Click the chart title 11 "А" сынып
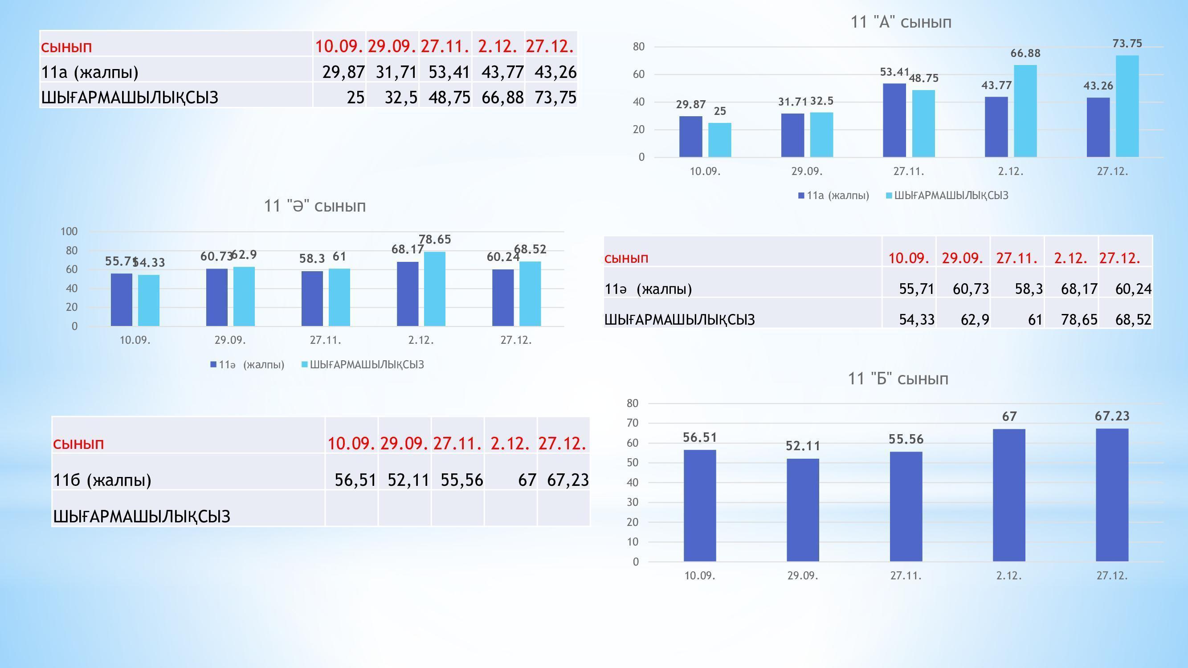pyautogui.click(x=901, y=22)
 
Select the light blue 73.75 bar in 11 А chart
pyautogui.click(x=1127, y=106)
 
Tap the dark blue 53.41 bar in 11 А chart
pyautogui.click(x=894, y=120)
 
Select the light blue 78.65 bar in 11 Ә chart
pyautogui.click(x=434, y=289)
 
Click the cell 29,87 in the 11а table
pyautogui.click(x=343, y=72)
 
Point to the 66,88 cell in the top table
pyautogui.click(x=502, y=97)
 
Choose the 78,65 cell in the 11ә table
pyautogui.click(x=1079, y=319)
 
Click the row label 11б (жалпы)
pyautogui.click(x=102, y=480)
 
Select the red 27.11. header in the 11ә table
pyautogui.click(x=1017, y=258)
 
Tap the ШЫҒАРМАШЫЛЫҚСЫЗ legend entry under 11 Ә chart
pyautogui.click(x=367, y=365)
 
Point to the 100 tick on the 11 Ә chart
pyautogui.click(x=69, y=232)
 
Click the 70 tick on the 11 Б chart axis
pyautogui.click(x=632, y=423)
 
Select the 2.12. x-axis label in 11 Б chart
pyautogui.click(x=1008, y=576)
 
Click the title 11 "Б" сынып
pyautogui.click(x=898, y=379)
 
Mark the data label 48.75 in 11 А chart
pyautogui.click(x=923, y=78)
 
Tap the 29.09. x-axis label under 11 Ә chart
pyautogui.click(x=230, y=340)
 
